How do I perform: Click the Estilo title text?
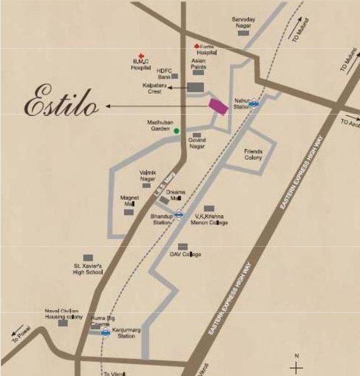coord(61,104)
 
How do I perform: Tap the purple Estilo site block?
coord(218,105)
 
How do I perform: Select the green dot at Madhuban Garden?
coord(176,130)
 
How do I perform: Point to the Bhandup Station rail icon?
coord(178,214)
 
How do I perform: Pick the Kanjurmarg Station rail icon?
coord(105,333)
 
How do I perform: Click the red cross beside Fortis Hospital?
coord(196,46)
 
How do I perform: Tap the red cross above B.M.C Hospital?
coord(142,55)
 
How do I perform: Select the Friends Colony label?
coord(253,154)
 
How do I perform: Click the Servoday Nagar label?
coord(243,23)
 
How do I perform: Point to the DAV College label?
coord(185,254)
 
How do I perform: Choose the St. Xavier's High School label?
coord(88,269)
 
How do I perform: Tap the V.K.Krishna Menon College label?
coord(211,219)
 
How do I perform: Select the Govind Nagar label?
coord(197,143)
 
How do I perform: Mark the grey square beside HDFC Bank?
coord(175,76)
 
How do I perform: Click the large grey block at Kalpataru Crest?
coord(195,88)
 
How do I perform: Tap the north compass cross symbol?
coord(297,367)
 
